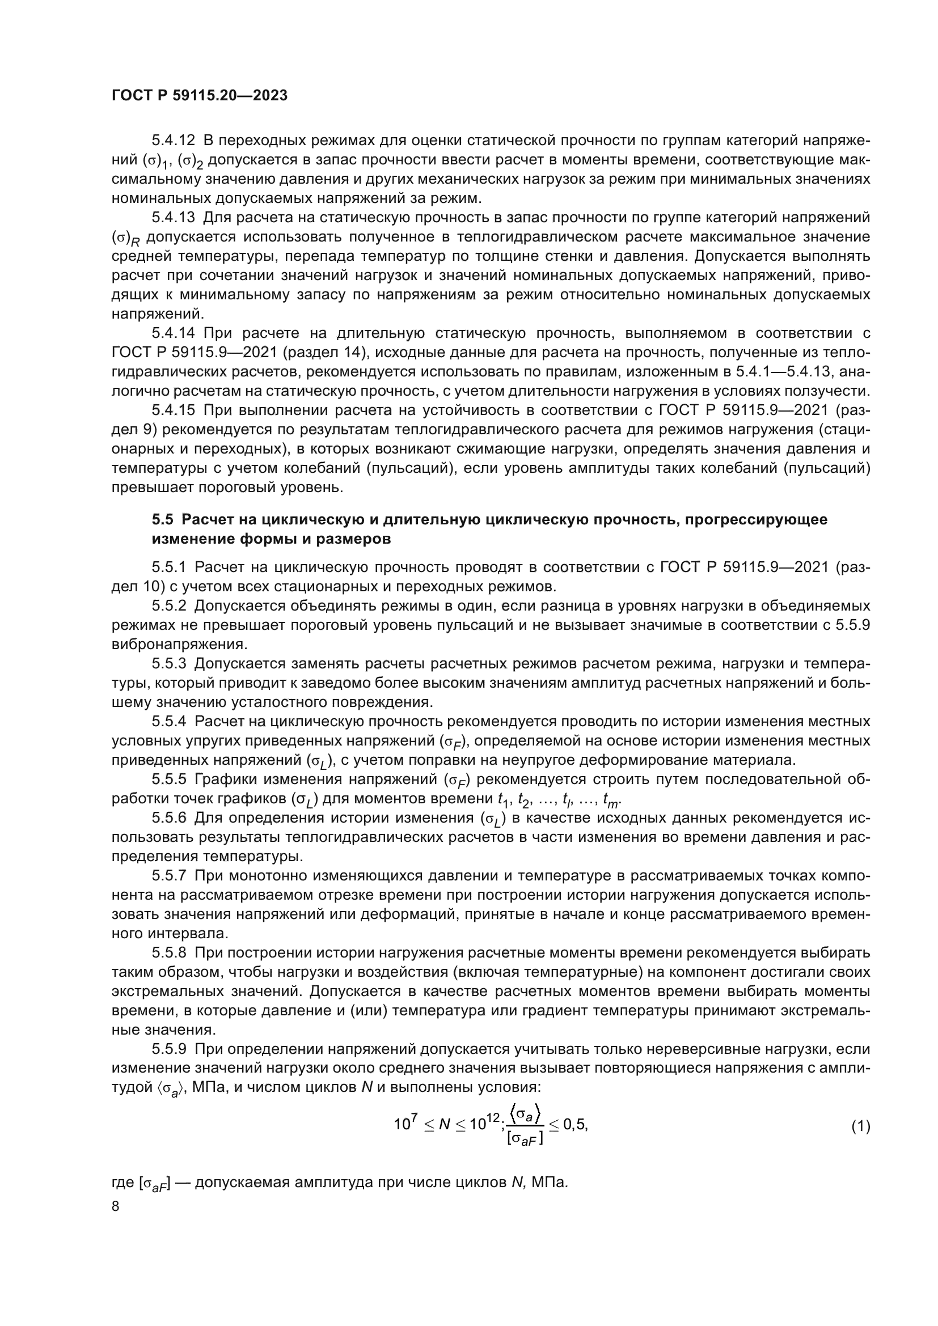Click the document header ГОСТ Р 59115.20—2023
click(199, 95)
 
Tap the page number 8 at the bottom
click(116, 1207)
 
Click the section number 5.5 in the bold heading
click(162, 519)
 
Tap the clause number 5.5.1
click(169, 567)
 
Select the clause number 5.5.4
click(169, 721)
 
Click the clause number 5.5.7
click(169, 875)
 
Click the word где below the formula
click(122, 1182)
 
